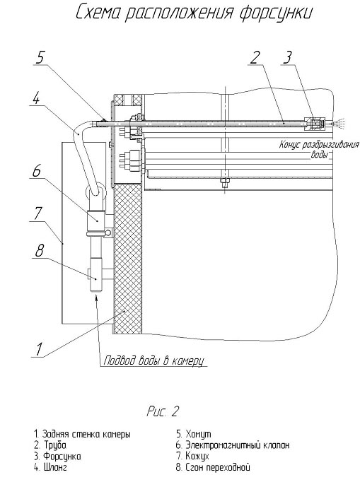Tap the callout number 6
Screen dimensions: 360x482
coord(37,170)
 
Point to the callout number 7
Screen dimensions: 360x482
coord(38,213)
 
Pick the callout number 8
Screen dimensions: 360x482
coord(39,251)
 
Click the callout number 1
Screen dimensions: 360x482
coord(39,348)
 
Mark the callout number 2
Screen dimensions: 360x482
coord(255,57)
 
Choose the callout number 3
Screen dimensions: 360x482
coord(287,57)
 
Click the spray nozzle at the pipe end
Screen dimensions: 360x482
coord(315,123)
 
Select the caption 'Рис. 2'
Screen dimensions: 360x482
coord(163,411)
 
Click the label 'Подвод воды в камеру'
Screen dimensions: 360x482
coord(153,360)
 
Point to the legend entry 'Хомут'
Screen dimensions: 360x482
coord(194,434)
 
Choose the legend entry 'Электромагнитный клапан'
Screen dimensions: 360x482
coord(233,445)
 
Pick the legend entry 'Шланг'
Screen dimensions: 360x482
coord(50,467)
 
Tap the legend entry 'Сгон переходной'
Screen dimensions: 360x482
coord(213,467)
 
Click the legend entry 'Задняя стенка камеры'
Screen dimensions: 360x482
coord(82,434)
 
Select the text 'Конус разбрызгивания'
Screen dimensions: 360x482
coord(319,145)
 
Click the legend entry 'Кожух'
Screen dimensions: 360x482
coord(192,456)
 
